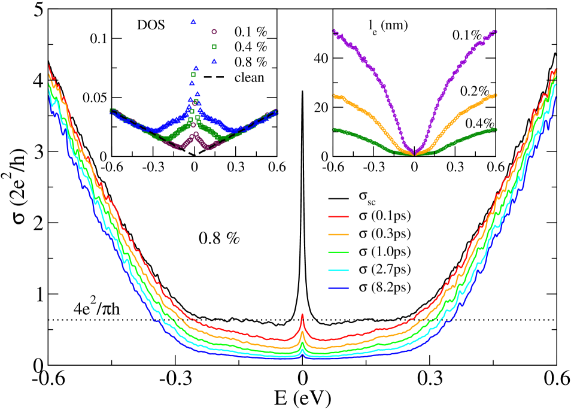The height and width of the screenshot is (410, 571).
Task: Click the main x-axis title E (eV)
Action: point(302,397)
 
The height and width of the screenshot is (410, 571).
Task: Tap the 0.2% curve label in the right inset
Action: point(473,90)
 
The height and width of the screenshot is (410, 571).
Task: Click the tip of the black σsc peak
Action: point(302,91)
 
